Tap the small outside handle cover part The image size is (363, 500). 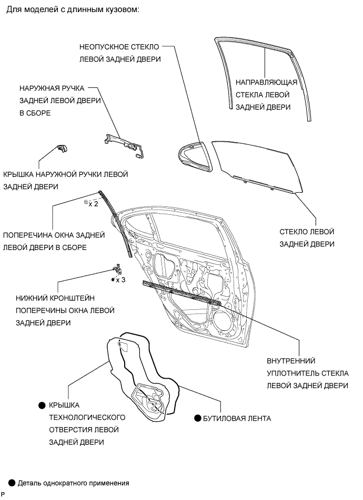(x=62, y=149)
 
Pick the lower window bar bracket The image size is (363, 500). (x=119, y=270)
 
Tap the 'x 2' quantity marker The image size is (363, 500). (x=93, y=204)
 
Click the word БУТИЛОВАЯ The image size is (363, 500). (x=222, y=419)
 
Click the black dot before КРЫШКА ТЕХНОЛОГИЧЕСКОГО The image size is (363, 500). (x=42, y=405)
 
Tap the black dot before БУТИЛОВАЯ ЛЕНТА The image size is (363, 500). (x=198, y=419)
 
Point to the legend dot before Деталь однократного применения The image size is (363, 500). (x=12, y=482)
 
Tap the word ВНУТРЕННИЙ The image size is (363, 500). (x=291, y=361)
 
